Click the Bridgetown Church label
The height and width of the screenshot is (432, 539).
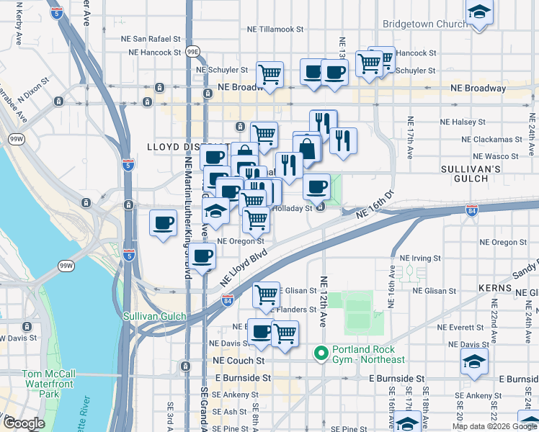pos(424,24)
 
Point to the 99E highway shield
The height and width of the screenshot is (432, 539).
pos(192,53)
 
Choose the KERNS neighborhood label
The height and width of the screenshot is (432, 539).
pos(495,287)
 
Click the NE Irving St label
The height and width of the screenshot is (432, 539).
pos(420,258)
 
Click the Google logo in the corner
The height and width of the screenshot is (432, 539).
pos(24,424)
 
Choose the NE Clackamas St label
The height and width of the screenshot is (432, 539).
pos(490,139)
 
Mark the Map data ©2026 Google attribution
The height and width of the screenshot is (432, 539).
pos(494,426)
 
